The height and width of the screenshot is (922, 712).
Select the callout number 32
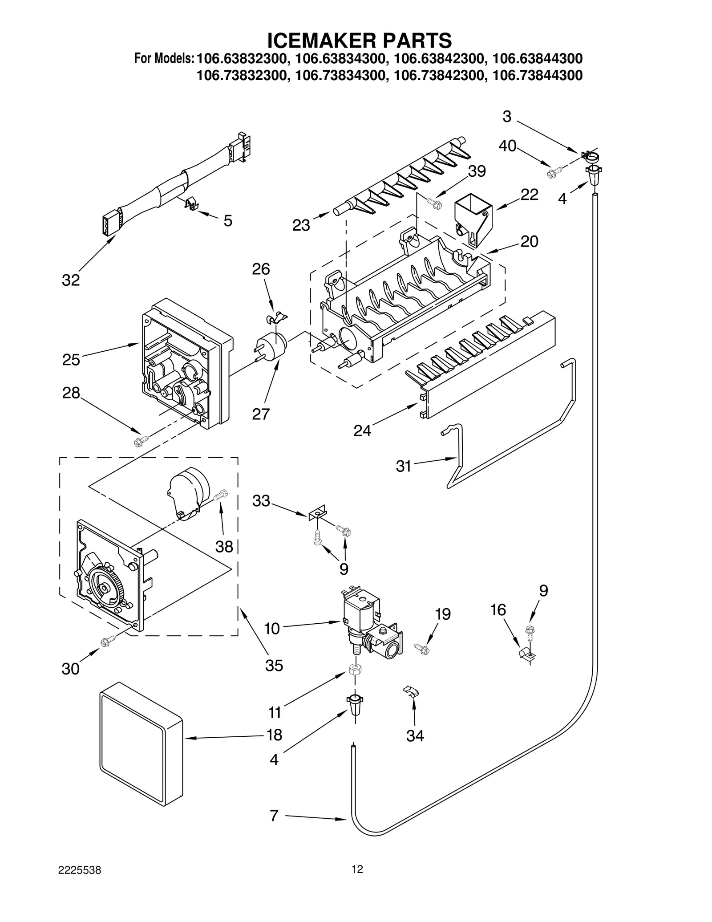(71, 280)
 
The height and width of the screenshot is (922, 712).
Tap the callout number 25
(71, 359)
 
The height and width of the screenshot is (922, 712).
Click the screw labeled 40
(555, 171)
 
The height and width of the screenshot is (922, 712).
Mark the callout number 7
(274, 816)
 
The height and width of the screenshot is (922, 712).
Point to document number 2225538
(80, 883)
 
